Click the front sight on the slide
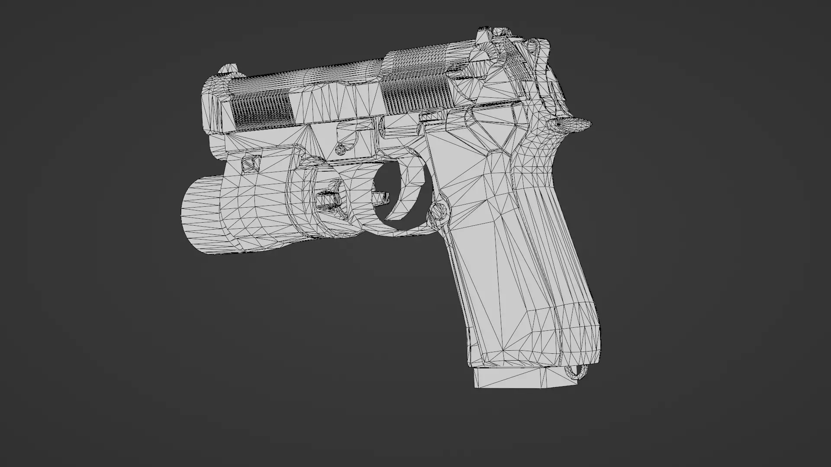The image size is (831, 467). (228, 69)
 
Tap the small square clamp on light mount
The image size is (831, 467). (248, 163)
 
